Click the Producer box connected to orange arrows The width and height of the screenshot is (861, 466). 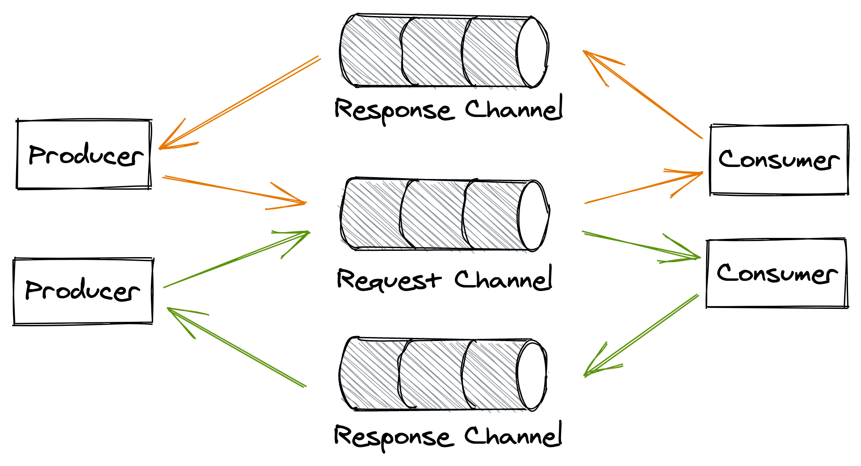[84, 154]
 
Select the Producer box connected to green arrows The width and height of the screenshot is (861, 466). [83, 291]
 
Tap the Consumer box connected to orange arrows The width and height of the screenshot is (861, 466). [779, 160]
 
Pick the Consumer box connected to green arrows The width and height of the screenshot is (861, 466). [777, 273]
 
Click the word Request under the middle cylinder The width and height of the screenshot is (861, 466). [388, 280]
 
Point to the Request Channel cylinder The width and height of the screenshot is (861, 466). [437, 215]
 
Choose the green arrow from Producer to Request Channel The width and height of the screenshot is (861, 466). [237, 259]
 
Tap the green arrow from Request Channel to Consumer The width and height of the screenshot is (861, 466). [641, 245]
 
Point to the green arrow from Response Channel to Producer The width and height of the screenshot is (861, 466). [237, 347]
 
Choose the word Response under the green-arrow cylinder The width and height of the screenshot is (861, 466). [393, 437]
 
